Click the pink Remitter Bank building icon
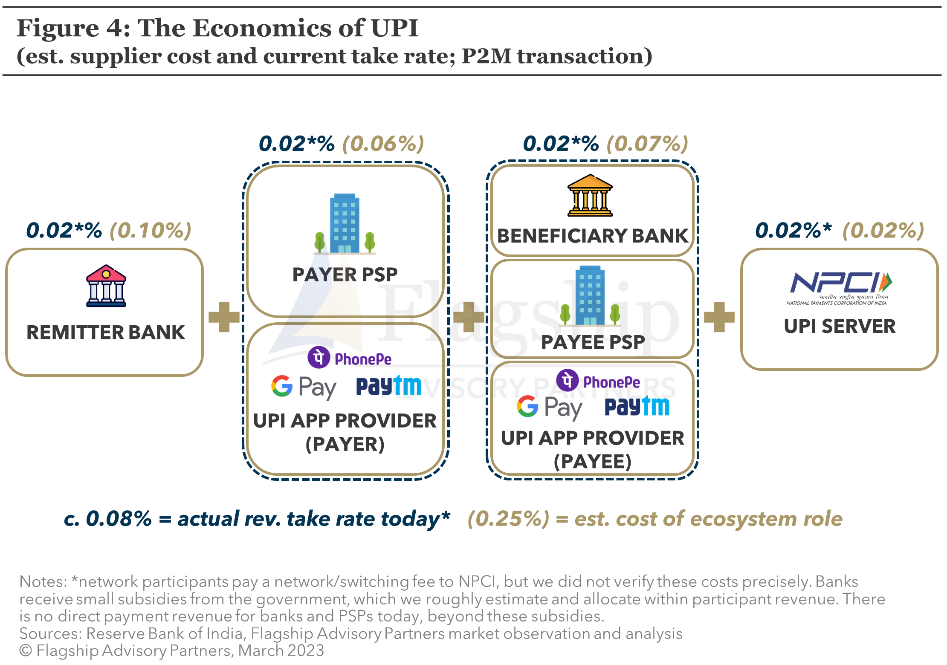(x=106, y=285)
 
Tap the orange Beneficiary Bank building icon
(x=590, y=195)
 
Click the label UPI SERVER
(x=840, y=327)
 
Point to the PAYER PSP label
(x=345, y=275)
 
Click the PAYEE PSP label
(x=593, y=342)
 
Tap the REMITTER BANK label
(x=106, y=332)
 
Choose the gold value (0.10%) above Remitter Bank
(x=151, y=231)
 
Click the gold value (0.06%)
(x=383, y=144)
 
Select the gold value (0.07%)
(x=648, y=144)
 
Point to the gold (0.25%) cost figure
(x=509, y=519)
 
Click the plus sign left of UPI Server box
(x=719, y=317)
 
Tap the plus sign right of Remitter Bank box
(x=224, y=317)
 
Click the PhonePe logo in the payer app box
(x=349, y=358)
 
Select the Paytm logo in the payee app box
(x=637, y=406)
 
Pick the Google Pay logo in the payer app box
(x=304, y=387)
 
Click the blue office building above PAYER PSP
(x=345, y=224)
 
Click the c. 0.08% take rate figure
(x=108, y=519)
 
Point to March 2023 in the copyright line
(x=281, y=651)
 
